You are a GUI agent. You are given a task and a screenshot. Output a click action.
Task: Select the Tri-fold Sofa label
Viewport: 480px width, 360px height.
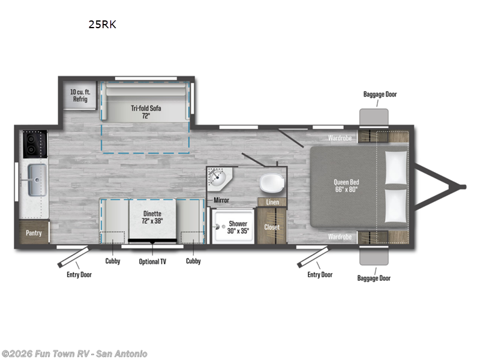(x=147, y=112)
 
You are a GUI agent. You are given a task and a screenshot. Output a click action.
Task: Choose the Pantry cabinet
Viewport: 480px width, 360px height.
(x=33, y=232)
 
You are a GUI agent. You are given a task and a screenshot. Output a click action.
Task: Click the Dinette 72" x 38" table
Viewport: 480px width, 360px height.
(x=152, y=216)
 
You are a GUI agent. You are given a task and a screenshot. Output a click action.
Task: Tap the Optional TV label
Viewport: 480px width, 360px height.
(x=153, y=261)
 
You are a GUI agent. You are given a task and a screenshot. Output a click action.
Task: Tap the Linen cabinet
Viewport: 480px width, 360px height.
(x=272, y=202)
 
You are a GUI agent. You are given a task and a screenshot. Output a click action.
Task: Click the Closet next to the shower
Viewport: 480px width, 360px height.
(x=272, y=227)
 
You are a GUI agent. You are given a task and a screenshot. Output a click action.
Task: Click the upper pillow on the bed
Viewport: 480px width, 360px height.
(x=395, y=166)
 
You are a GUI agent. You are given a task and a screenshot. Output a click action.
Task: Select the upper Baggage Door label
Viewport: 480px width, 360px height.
(x=380, y=94)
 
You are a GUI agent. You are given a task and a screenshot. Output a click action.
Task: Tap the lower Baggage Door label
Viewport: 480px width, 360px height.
(x=374, y=278)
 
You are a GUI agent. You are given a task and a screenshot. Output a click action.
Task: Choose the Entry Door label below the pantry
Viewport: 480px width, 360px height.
(x=79, y=274)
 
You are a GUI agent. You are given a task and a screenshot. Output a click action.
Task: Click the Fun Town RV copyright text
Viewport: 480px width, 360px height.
(x=74, y=353)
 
